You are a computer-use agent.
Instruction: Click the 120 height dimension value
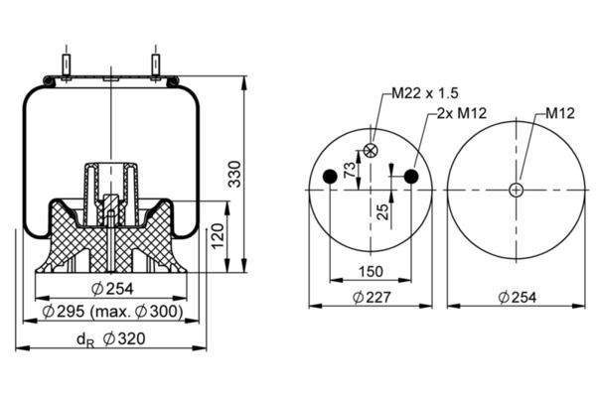pyautogui.click(x=216, y=237)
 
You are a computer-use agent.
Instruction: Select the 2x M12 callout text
pyautogui.click(x=461, y=115)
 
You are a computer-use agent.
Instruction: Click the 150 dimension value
pyautogui.click(x=370, y=272)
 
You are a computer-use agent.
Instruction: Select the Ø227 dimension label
pyautogui.click(x=370, y=298)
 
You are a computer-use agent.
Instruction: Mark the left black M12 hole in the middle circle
pyautogui.click(x=331, y=177)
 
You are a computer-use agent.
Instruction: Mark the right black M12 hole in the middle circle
pyautogui.click(x=410, y=177)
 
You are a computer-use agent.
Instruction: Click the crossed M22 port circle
pyautogui.click(x=371, y=150)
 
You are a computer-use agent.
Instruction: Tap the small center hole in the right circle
pyautogui.click(x=517, y=190)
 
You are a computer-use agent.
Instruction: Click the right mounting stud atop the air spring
pyautogui.click(x=156, y=64)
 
